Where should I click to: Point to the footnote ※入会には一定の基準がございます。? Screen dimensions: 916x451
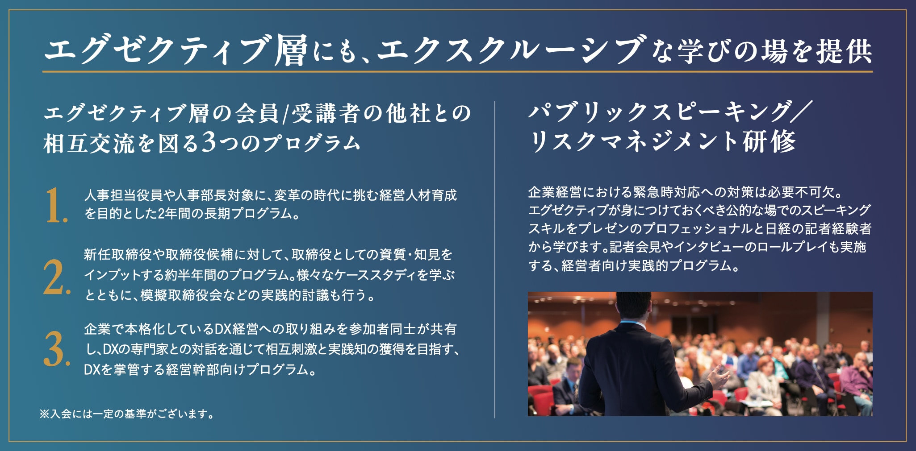tap(126, 414)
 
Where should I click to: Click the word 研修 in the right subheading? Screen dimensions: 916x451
tap(769, 141)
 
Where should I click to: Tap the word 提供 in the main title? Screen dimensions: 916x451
tap(844, 50)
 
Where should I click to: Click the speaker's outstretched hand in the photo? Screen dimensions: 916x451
tap(718, 377)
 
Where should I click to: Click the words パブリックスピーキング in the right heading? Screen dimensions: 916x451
tap(659, 111)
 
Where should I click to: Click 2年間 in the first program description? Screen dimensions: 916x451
tap(178, 214)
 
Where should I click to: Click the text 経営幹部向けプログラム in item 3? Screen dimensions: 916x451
tap(235, 369)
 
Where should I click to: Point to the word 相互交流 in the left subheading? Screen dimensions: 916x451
tap(89, 143)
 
